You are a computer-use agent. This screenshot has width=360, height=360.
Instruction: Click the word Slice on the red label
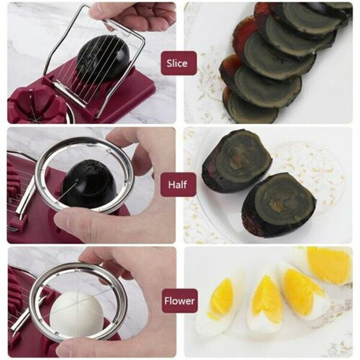pyautogui.click(x=177, y=63)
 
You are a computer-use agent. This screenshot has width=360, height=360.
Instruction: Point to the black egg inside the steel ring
pyautogui.click(x=89, y=184)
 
